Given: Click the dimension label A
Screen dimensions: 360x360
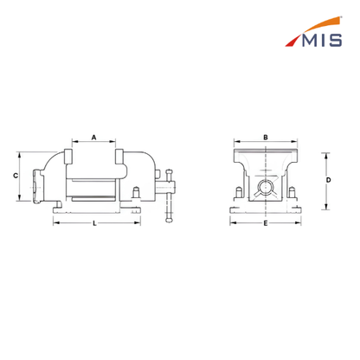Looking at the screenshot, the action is [x=93, y=138].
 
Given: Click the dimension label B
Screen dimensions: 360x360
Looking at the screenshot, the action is [x=266, y=138].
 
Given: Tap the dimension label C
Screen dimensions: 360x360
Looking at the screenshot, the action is [x=16, y=176].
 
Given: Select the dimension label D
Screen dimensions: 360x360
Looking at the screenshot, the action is [x=328, y=180].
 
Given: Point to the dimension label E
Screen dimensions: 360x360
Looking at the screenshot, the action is [x=266, y=223].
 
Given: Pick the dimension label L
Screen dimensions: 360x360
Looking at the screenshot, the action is [x=94, y=223].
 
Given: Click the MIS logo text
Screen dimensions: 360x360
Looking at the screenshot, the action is [x=322, y=40].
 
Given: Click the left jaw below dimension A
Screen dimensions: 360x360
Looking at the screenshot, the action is [x=68, y=157].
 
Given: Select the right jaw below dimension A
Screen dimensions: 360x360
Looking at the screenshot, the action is [x=119, y=157].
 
